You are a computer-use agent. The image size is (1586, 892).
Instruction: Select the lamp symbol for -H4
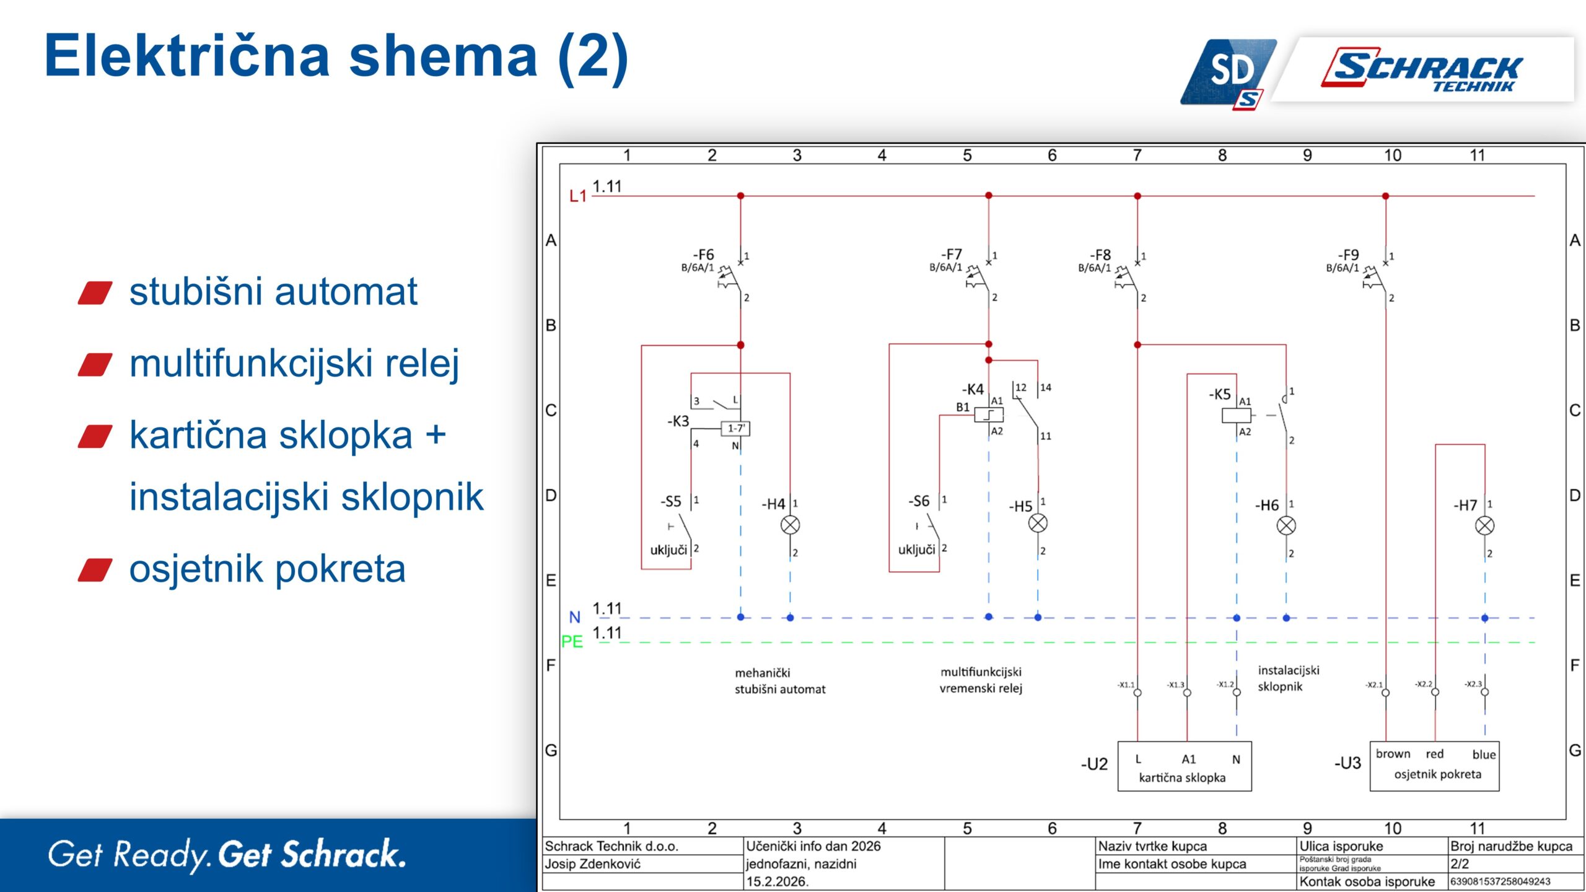pos(790,525)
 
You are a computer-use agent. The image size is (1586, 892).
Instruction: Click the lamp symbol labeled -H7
pos(1484,526)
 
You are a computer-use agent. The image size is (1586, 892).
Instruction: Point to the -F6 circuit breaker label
pos(703,255)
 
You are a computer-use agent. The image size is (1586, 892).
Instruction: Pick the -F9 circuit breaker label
pos(1348,255)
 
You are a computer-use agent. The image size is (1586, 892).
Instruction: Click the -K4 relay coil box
pos(988,414)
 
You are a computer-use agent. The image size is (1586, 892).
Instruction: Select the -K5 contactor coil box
pos(1236,416)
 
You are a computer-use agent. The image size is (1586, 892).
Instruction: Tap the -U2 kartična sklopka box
pos(1184,766)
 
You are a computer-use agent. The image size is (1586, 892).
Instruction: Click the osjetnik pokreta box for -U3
pos(1434,766)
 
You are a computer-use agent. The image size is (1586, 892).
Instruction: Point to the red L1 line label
pos(577,196)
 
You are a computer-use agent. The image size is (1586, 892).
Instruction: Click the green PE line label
pos(572,642)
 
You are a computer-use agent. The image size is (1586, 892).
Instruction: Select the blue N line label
pos(574,618)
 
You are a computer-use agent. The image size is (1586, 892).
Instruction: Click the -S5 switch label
pos(671,501)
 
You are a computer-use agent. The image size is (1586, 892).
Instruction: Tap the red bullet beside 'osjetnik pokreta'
pos(95,570)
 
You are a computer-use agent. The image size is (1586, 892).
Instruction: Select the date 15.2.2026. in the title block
pos(777,881)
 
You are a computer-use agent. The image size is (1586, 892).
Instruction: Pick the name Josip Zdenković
pos(592,864)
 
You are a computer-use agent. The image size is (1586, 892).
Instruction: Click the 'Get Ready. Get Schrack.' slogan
pos(227,855)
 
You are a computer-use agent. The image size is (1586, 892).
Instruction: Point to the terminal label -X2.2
pos(1423,684)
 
